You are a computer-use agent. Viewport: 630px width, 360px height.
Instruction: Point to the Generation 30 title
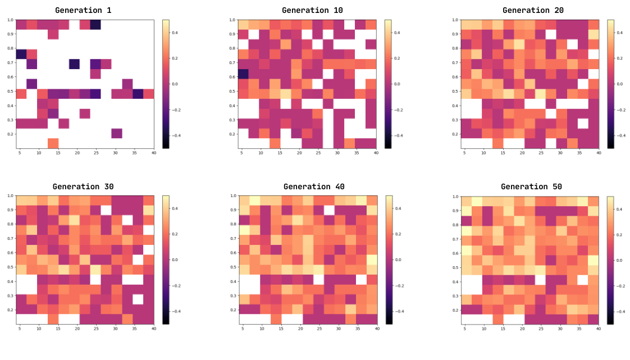[84, 186]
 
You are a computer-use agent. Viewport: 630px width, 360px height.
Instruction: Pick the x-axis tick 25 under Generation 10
[318, 153]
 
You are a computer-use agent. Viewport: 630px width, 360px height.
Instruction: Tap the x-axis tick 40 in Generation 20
[599, 153]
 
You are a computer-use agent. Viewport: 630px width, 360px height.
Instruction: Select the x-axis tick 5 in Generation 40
[243, 329]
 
